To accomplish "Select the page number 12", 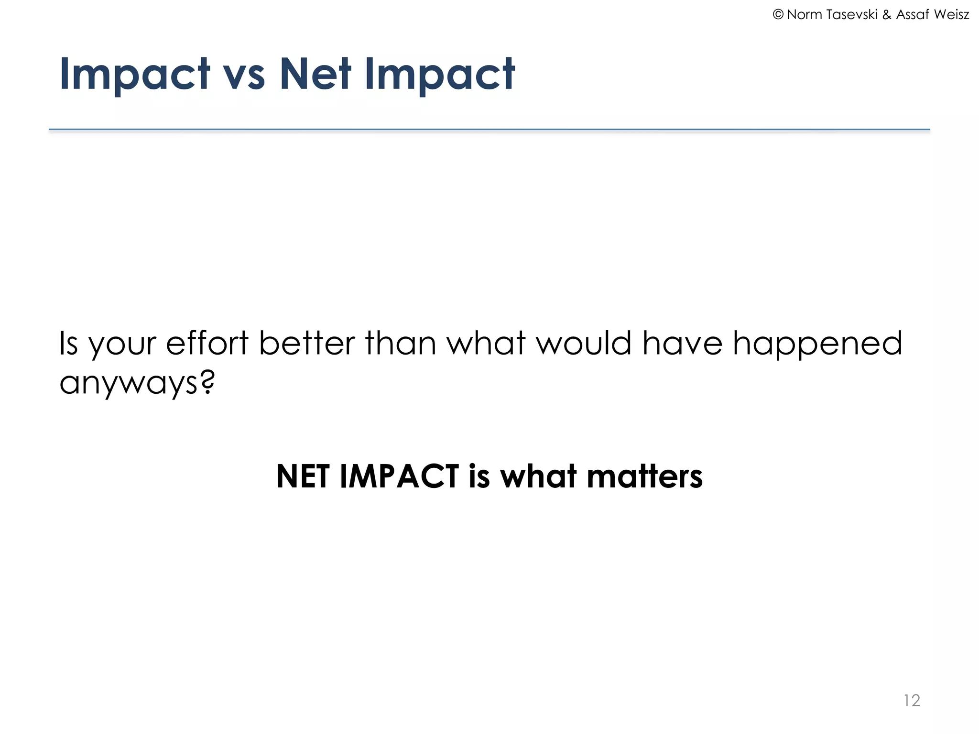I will pyautogui.click(x=912, y=701).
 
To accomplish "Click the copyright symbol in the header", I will pyautogui.click(x=778, y=15).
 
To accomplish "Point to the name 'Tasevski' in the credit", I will pyautogui.click(x=852, y=15).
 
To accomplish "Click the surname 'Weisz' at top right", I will pyautogui.click(x=951, y=15).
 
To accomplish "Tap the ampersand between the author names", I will pyautogui.click(x=887, y=15).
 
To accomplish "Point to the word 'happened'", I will pyautogui.click(x=817, y=344).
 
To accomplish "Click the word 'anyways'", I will pyautogui.click(x=128, y=383).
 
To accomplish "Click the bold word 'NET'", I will pyautogui.click(x=303, y=476).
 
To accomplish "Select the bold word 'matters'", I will pyautogui.click(x=644, y=476).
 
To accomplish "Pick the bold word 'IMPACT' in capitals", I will pyautogui.click(x=399, y=476).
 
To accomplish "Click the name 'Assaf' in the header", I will pyautogui.click(x=913, y=15).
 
